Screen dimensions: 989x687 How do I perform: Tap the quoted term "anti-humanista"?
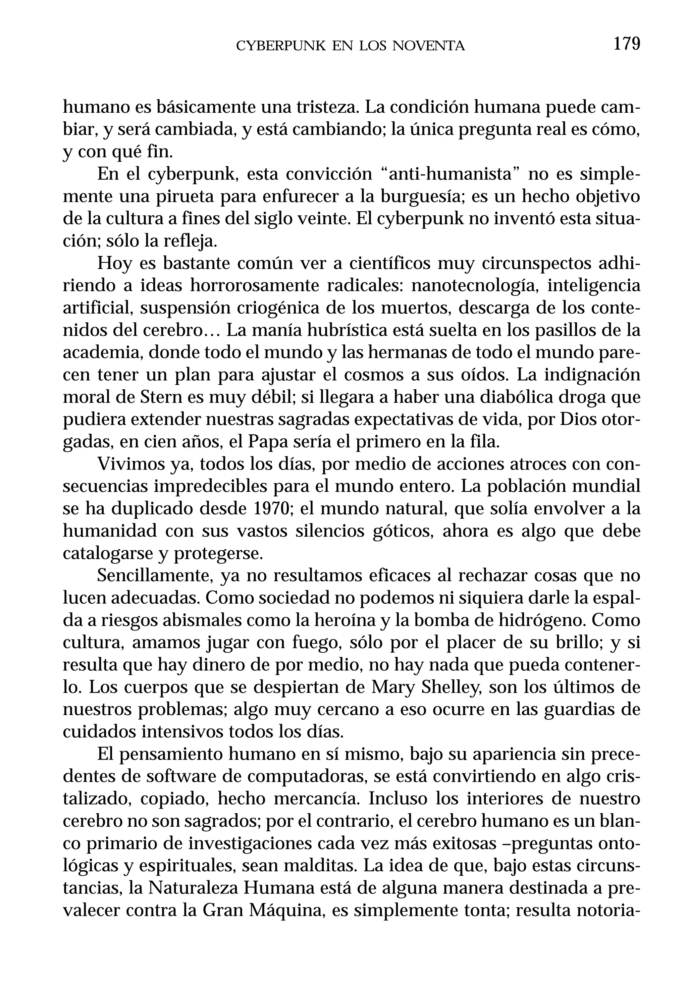pyautogui.click(x=451, y=174)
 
